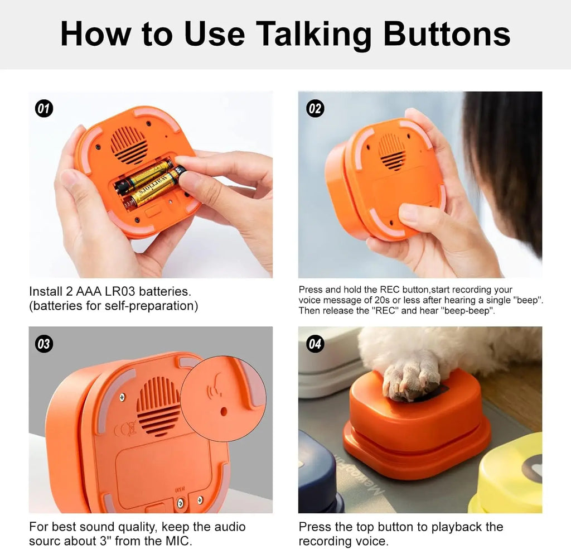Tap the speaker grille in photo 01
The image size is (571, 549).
(129, 145)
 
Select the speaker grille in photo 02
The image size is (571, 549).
(391, 151)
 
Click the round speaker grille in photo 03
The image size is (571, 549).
(158, 406)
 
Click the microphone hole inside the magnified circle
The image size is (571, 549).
(223, 411)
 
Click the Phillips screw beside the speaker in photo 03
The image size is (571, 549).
(122, 397)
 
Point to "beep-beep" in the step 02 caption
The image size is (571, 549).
(466, 311)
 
